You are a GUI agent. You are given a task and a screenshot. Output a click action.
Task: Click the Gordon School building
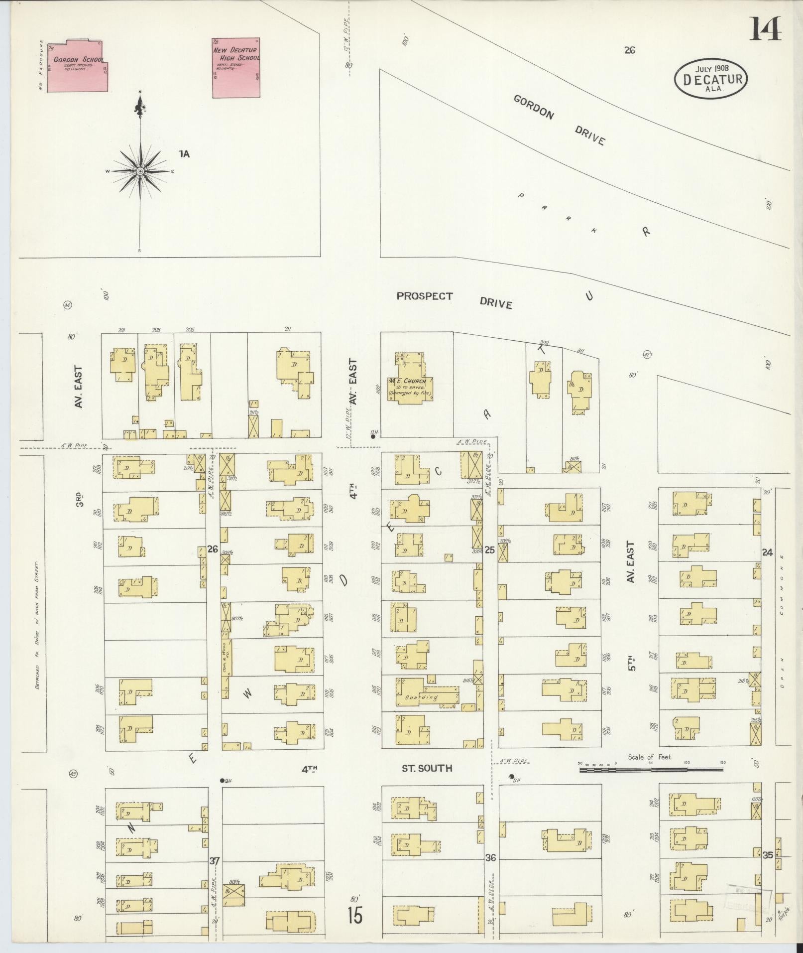click(77, 67)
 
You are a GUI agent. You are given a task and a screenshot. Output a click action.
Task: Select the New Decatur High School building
click(236, 68)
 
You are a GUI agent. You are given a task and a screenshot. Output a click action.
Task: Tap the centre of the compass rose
click(140, 171)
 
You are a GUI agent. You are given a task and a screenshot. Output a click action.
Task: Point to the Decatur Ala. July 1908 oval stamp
click(711, 79)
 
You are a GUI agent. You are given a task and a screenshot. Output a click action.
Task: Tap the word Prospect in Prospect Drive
click(425, 296)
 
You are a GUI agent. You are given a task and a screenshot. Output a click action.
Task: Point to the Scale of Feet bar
click(651, 770)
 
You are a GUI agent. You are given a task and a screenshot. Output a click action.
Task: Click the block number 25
click(490, 550)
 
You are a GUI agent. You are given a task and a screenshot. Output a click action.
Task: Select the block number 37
click(214, 861)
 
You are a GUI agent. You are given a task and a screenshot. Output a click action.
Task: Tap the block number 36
click(490, 857)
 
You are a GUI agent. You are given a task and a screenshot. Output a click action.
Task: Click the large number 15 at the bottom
click(355, 916)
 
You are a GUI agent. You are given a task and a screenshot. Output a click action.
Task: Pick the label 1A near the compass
click(184, 154)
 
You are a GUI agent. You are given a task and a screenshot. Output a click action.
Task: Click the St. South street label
click(427, 768)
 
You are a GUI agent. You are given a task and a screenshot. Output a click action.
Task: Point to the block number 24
click(767, 552)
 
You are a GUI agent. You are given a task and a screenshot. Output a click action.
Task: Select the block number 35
click(767, 855)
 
